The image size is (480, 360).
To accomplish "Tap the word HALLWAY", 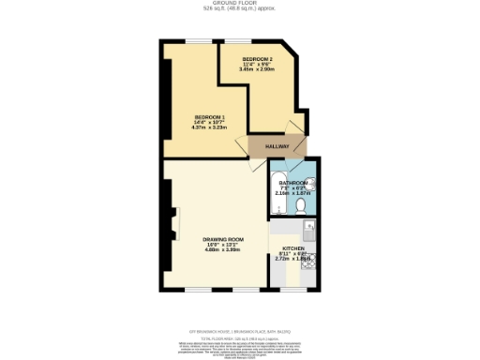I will tap(276, 146).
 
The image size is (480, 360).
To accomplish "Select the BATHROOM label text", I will tap(292, 183).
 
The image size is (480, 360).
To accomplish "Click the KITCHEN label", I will tap(294, 247).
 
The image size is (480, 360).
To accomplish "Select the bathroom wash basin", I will tap(312, 186).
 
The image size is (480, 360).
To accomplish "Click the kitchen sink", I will tap(311, 227).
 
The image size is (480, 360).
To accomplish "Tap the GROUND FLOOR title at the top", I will tap(239, 4).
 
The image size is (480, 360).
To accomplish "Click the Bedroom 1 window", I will tap(196, 41).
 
